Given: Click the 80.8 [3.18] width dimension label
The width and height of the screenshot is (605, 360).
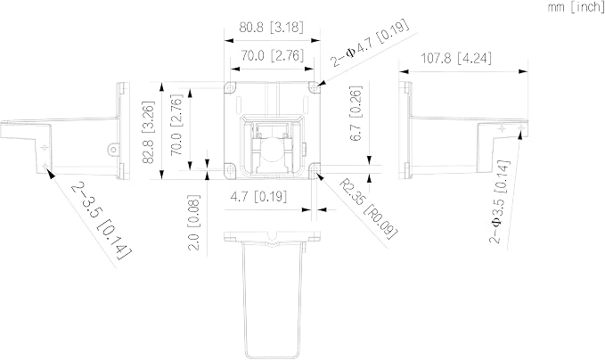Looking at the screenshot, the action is (271, 28).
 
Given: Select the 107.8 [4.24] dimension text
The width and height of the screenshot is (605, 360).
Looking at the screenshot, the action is (455, 58).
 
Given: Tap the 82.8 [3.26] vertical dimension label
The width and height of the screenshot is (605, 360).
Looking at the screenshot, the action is (149, 133).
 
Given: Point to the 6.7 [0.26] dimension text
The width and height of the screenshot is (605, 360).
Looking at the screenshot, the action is (356, 113).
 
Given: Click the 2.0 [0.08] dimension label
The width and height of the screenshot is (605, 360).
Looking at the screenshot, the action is (193, 223).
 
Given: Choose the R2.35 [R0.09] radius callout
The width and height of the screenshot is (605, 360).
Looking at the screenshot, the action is (368, 209).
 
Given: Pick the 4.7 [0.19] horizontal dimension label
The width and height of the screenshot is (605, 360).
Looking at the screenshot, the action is (258, 197).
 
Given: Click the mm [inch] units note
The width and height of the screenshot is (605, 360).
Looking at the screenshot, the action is (576, 8).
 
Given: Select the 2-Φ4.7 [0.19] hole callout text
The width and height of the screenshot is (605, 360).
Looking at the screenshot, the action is (370, 43).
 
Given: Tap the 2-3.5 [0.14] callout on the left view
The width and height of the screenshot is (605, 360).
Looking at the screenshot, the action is (101, 220).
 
